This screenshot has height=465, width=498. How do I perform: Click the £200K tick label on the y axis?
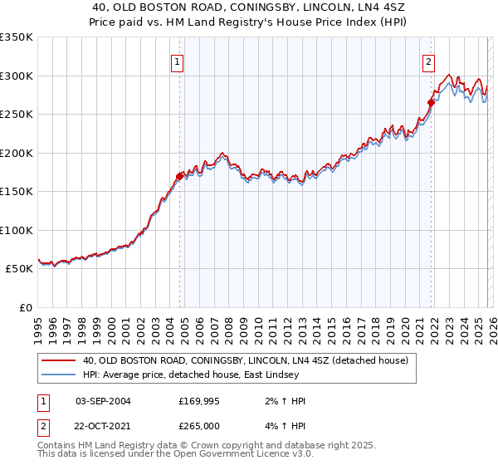17,153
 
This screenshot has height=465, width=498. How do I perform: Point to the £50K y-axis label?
19,269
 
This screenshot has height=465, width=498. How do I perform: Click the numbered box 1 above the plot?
178,61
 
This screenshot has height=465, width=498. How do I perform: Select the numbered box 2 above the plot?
428,61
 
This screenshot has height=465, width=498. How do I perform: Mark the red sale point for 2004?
179,176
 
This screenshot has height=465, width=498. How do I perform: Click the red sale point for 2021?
432,103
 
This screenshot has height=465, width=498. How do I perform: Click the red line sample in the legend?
58,361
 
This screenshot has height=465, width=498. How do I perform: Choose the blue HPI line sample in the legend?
58,375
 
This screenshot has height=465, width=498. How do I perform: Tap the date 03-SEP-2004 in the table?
103,401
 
